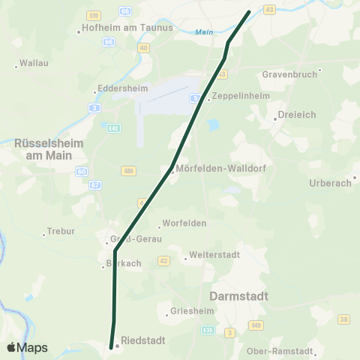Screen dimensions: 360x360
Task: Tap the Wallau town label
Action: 34,63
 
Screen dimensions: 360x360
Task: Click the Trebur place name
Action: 61,231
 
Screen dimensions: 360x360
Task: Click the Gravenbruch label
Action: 289,75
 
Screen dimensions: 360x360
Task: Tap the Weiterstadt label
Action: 214,256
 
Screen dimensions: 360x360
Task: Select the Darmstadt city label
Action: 239,296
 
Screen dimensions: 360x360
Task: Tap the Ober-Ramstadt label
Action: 280,351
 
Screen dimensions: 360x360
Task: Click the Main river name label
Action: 203,32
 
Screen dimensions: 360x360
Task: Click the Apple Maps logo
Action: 27,348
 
